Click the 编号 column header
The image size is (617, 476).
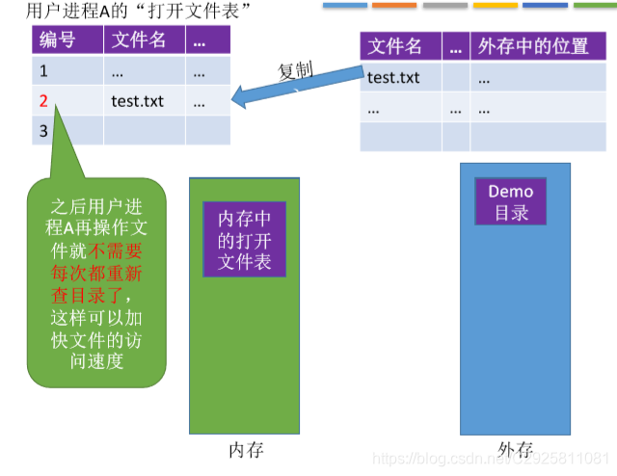[x=58, y=40]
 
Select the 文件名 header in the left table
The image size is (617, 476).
[x=138, y=40]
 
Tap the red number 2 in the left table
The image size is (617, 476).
[x=43, y=100]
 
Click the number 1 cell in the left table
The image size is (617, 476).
[x=43, y=71]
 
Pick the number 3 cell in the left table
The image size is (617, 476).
[x=43, y=130]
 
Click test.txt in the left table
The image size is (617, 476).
[x=137, y=100]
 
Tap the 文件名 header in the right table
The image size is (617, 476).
[x=395, y=46]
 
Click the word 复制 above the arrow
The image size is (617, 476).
[x=296, y=70]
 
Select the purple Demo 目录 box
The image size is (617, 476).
[x=510, y=201]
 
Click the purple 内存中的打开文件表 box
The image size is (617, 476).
[x=244, y=239]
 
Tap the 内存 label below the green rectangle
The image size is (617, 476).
[x=245, y=450]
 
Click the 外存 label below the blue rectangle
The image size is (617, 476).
[x=515, y=450]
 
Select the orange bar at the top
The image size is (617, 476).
[x=393, y=5]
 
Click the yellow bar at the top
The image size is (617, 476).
[x=495, y=5]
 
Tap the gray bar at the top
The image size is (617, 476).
[x=444, y=5]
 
